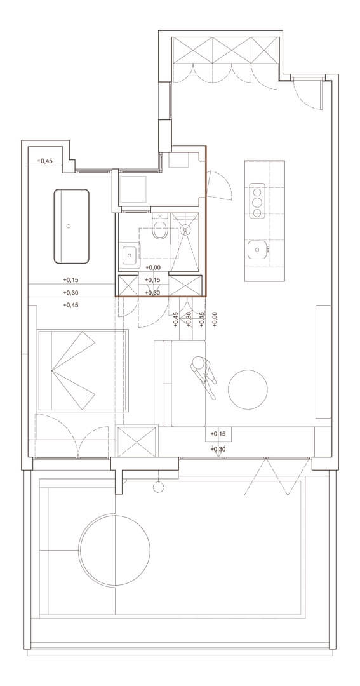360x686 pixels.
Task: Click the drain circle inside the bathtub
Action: tap(68, 226)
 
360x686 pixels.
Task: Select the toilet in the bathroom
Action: tap(160, 227)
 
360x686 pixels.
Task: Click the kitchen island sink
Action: tap(256, 251)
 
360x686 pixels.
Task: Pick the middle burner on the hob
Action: tap(257, 202)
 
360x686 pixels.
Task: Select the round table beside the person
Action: tap(248, 389)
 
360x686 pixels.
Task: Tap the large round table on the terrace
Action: tap(115, 549)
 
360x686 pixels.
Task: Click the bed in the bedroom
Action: tap(83, 370)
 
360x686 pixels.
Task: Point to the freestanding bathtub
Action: tap(71, 226)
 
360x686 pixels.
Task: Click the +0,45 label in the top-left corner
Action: tap(44, 161)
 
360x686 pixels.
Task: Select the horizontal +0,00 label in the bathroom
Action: tap(152, 268)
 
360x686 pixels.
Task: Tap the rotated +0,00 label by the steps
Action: tap(215, 319)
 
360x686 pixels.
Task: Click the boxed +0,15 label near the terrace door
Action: tap(218, 434)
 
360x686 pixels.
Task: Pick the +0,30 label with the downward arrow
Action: tap(218, 449)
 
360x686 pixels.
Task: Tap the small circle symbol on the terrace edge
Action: tap(158, 487)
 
